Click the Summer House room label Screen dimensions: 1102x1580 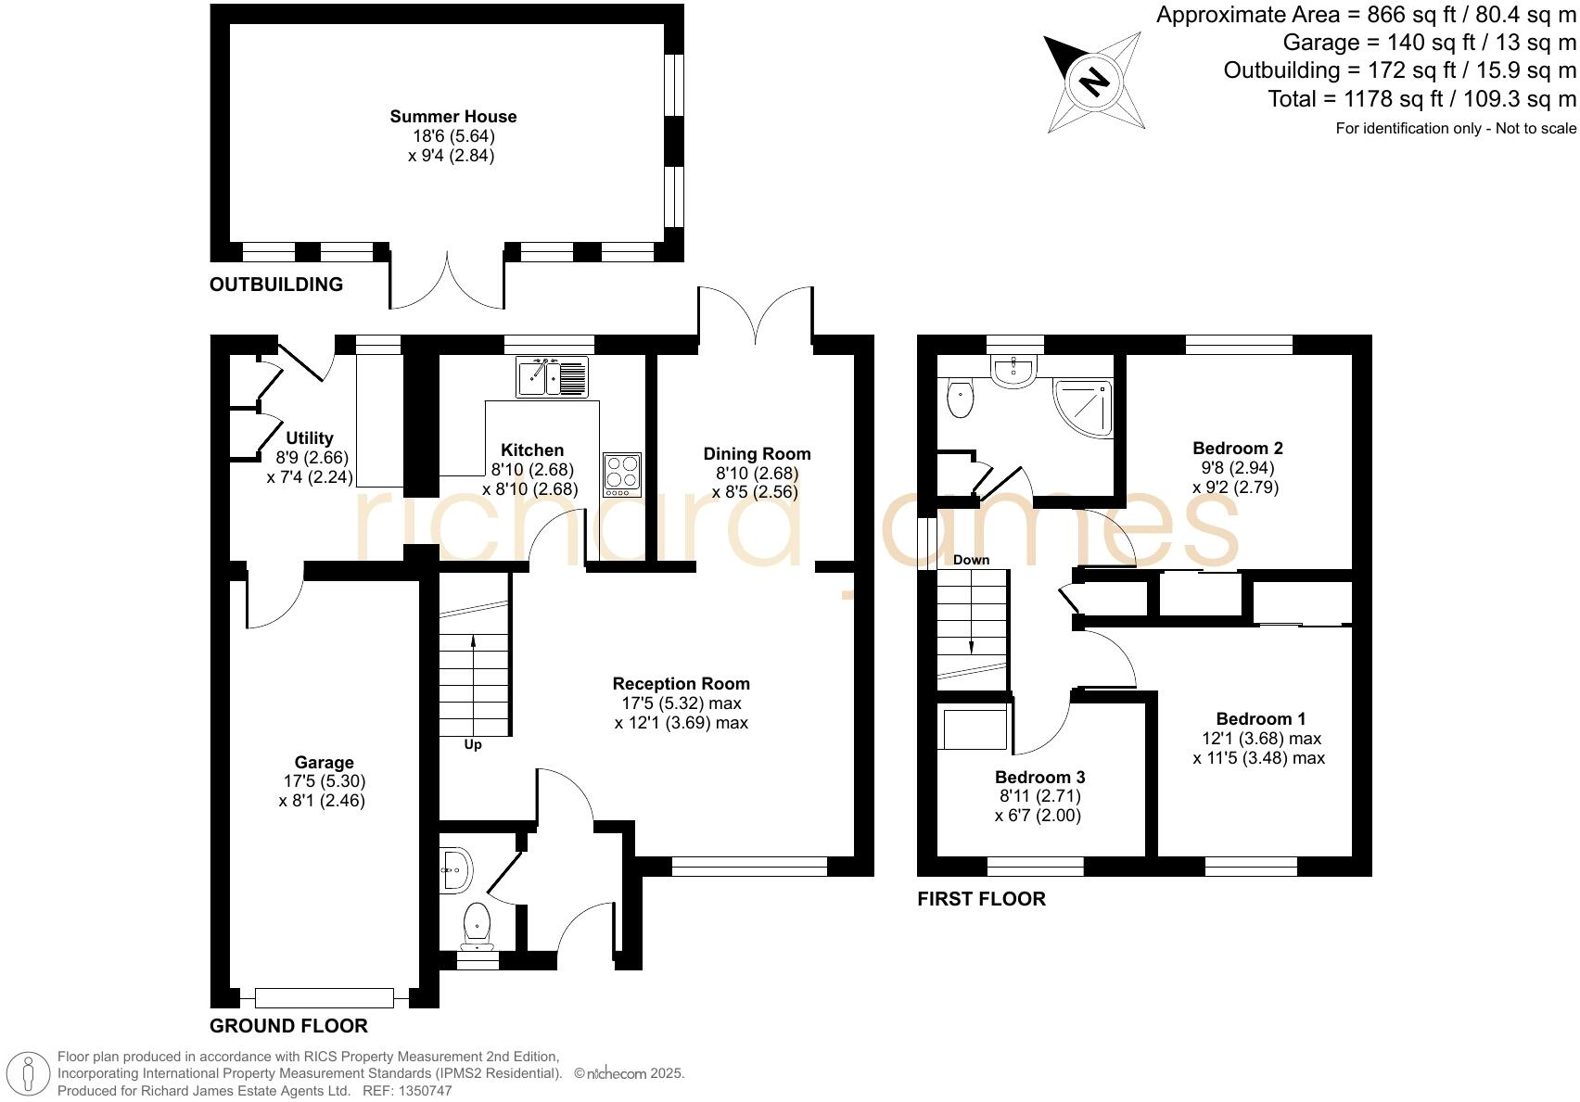pos(452,117)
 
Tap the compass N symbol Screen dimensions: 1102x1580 pos(1094,82)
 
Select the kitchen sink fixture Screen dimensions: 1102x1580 pos(553,377)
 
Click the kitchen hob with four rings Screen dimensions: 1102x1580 pos(621,473)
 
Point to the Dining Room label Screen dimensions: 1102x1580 pos(757,454)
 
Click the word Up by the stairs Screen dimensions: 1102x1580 pos(473,744)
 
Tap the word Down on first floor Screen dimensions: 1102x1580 pos(971,560)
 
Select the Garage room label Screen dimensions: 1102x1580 pos(324,763)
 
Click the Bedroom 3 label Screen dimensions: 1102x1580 pos(1039,777)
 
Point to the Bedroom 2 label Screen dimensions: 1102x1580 pos(1237,449)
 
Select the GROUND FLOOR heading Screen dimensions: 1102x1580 pos(288,1026)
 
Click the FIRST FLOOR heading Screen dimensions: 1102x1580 pos(981,899)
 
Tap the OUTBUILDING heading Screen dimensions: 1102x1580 pos(276,285)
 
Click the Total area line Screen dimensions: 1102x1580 pos(1421,99)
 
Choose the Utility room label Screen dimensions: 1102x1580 pos(309,438)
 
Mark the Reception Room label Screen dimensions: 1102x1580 pos(681,684)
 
